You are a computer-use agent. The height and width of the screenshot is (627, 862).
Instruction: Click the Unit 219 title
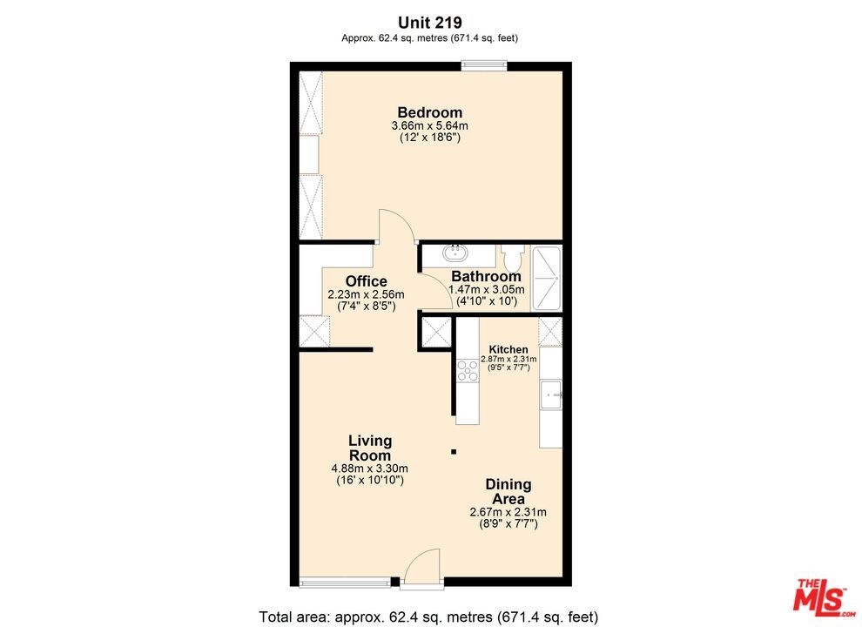click(429, 23)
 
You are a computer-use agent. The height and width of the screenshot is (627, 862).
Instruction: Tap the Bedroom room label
click(429, 112)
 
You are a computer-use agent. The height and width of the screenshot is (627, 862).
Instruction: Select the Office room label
click(366, 281)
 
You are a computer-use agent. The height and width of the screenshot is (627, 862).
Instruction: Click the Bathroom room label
click(486, 277)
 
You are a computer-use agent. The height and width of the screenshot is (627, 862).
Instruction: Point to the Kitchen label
click(508, 349)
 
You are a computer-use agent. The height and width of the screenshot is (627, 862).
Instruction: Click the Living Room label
click(370, 448)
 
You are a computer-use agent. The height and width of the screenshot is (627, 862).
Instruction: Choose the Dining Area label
click(508, 491)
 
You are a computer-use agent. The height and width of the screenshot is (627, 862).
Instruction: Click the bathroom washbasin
click(455, 254)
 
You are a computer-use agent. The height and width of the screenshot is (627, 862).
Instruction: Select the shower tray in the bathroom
click(547, 279)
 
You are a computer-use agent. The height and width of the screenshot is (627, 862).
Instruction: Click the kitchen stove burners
click(468, 371)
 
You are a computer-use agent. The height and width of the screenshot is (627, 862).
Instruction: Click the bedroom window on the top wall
click(483, 63)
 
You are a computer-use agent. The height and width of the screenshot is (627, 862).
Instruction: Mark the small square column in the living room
click(453, 451)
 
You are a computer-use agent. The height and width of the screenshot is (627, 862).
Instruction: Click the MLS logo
click(822, 595)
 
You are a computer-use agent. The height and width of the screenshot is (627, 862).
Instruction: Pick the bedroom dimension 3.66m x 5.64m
click(429, 126)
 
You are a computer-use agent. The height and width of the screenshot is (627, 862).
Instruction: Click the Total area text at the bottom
click(428, 617)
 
